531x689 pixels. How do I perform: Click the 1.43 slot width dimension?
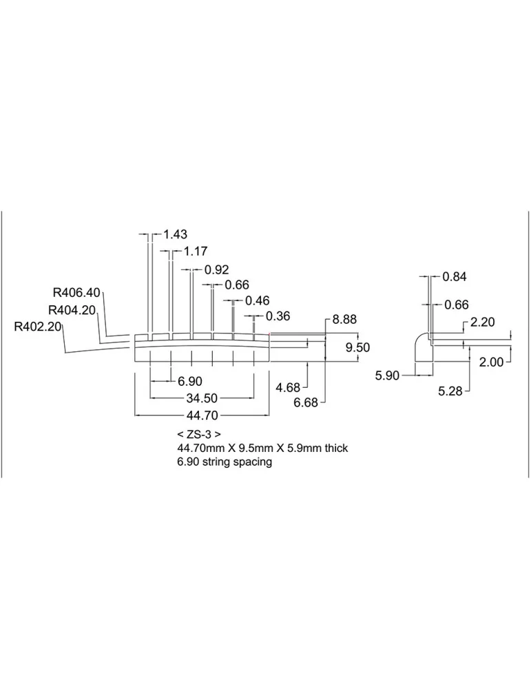(x=175, y=234)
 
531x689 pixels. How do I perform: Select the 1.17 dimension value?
(x=196, y=251)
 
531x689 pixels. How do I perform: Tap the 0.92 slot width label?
(x=216, y=269)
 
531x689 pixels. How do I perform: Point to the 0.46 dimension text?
(x=258, y=300)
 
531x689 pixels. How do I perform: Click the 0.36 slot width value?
(x=278, y=316)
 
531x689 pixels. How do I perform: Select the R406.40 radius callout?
(x=76, y=292)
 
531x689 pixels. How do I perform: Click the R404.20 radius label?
(x=72, y=310)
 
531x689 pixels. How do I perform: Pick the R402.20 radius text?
(x=38, y=327)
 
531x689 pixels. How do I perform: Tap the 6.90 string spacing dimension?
(x=189, y=382)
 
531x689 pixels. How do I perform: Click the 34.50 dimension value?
(x=202, y=398)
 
